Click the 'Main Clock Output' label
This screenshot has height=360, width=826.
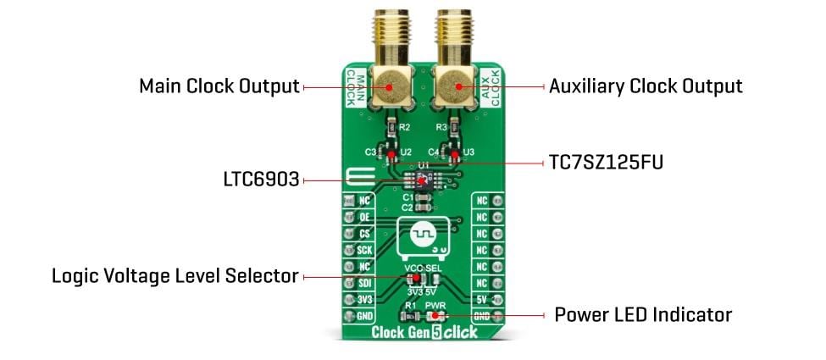[x=219, y=86]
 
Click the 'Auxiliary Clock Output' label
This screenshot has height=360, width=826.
[x=646, y=86]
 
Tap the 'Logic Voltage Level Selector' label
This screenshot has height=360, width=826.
[x=175, y=276]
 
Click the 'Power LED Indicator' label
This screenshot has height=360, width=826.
[x=642, y=315]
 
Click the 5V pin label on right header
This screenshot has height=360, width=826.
[x=482, y=299]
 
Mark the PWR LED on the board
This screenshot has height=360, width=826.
[x=435, y=314]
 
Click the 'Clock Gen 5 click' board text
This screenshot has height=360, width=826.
[x=424, y=333]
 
